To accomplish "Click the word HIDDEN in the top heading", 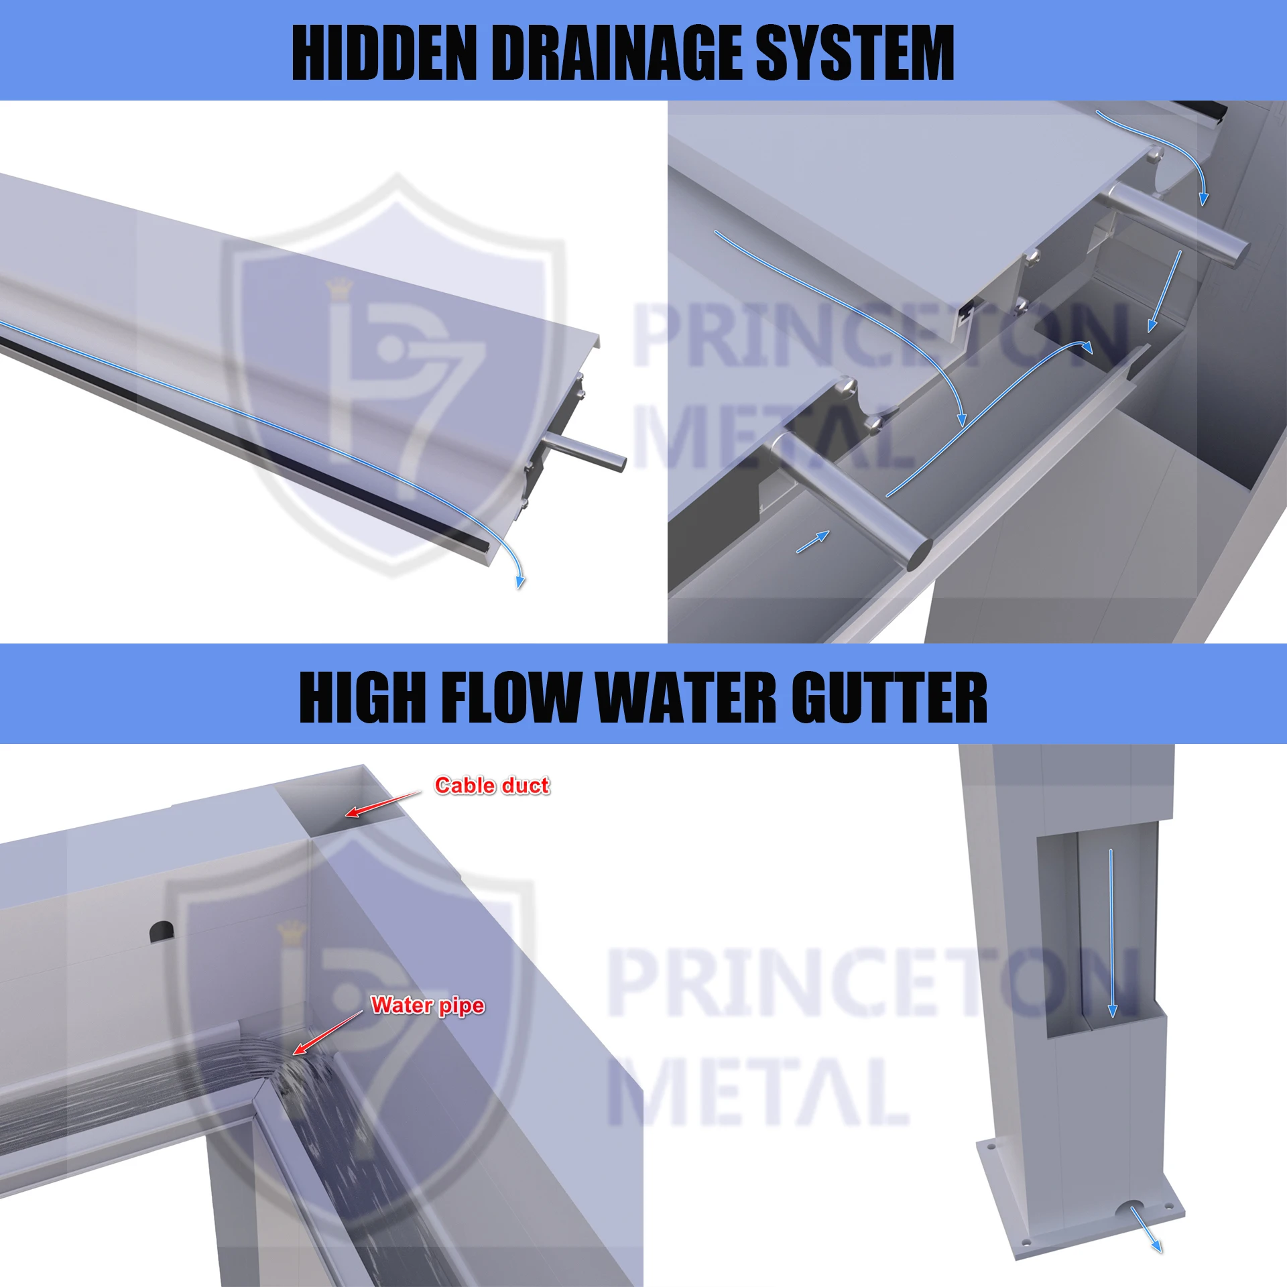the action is (x=385, y=52).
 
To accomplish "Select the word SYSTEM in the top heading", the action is (x=854, y=52).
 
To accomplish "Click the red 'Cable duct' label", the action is (x=492, y=785).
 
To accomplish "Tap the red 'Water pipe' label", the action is (x=428, y=1005).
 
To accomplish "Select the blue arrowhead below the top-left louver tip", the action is (x=520, y=582).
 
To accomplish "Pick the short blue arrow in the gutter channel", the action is (x=813, y=542).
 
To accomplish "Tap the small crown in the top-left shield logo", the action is (x=339, y=288).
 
